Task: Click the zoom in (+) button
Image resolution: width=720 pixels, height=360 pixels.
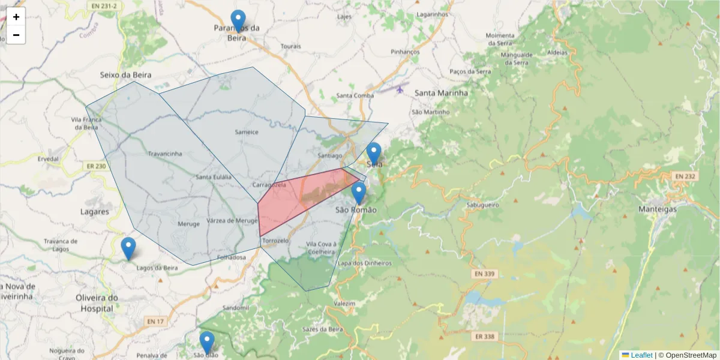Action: (16, 17)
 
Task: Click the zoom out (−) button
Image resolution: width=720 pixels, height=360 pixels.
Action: (16, 35)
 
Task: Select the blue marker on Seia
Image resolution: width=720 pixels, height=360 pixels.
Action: (374, 153)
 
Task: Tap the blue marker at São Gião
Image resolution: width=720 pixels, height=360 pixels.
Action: (206, 342)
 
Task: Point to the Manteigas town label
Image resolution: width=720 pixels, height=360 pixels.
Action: (657, 209)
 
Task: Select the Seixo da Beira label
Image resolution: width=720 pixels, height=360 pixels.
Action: (125, 75)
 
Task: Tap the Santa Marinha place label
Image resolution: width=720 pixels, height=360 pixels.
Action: (440, 93)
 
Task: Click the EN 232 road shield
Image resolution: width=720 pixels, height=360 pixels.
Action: (684, 176)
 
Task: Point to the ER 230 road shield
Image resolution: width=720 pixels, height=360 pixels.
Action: (96, 166)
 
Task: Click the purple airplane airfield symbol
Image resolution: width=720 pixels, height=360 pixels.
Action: (400, 90)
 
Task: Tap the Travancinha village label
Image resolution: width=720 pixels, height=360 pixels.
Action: (165, 154)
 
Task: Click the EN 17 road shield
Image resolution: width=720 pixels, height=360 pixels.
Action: (155, 322)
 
